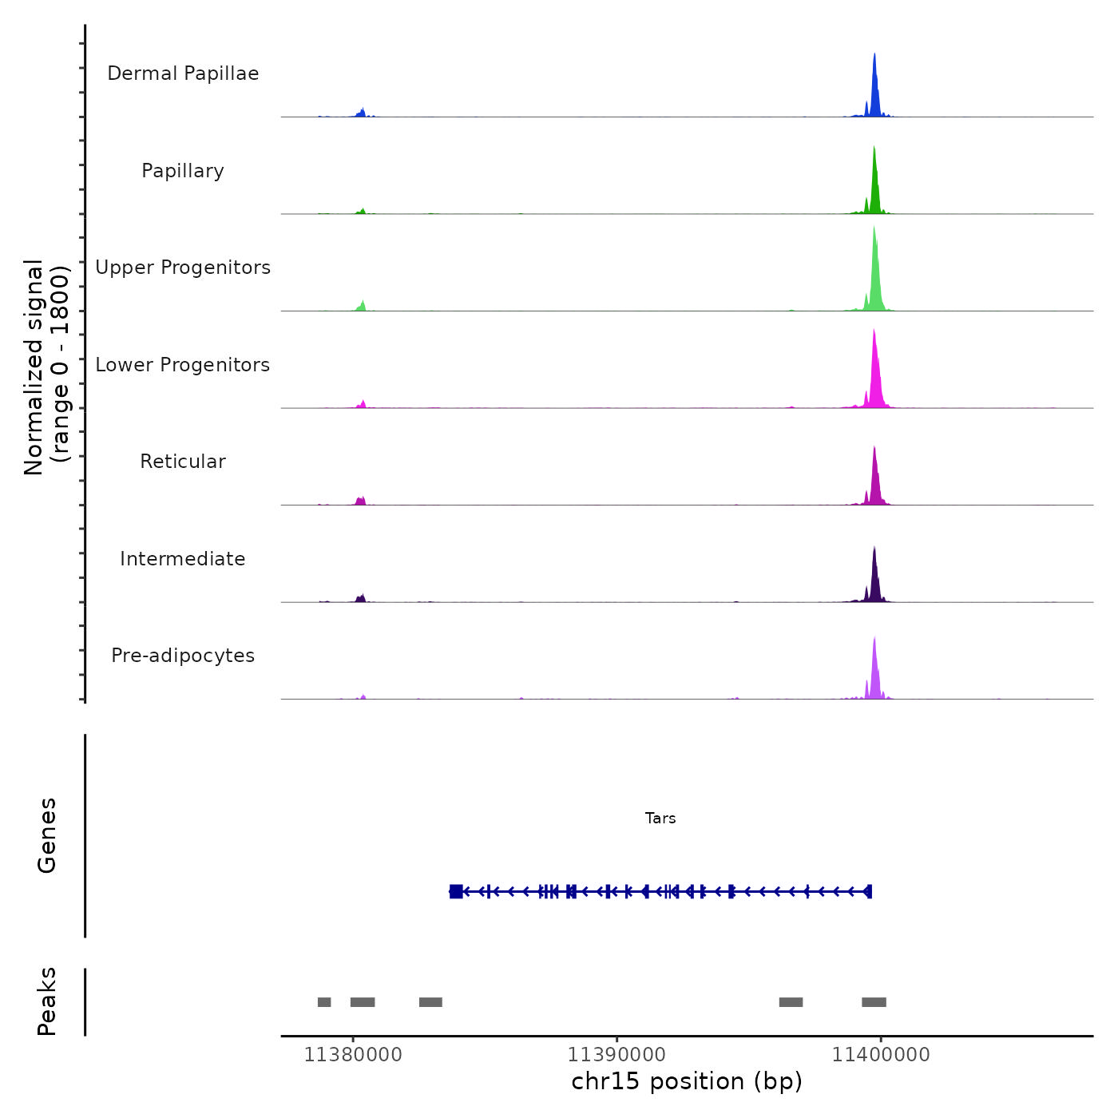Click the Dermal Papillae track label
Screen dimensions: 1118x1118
(x=183, y=73)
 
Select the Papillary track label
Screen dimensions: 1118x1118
(x=183, y=171)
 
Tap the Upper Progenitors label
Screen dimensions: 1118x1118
(x=183, y=268)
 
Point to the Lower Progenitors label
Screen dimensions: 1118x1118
(x=183, y=365)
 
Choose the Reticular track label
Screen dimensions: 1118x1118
(x=183, y=462)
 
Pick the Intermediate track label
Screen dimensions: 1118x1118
(x=183, y=559)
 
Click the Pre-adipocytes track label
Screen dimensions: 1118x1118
(x=183, y=656)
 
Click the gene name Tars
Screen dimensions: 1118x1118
(x=660, y=819)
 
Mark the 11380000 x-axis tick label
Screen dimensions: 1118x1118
(x=353, y=1055)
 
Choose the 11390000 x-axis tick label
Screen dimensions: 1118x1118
(x=616, y=1055)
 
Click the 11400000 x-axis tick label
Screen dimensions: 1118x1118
(x=881, y=1055)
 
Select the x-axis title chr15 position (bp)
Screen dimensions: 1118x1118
(x=687, y=1081)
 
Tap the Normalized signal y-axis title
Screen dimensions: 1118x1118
(x=46, y=367)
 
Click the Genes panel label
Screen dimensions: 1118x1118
(x=47, y=835)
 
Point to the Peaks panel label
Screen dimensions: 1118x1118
(x=47, y=1001)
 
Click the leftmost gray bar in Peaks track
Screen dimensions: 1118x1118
(x=324, y=1002)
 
